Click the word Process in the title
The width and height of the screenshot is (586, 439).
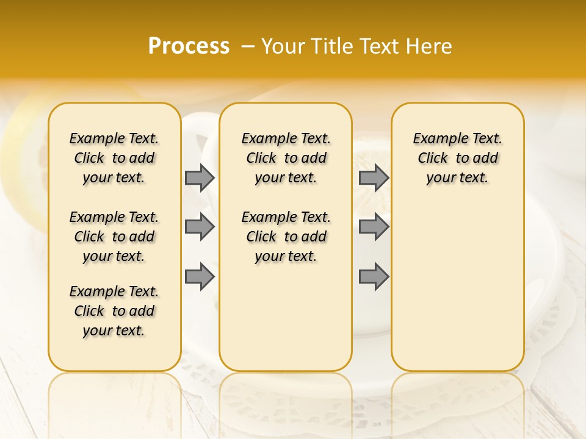(189, 46)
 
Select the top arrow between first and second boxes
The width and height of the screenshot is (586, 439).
(200, 177)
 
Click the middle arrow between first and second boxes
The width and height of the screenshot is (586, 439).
(200, 227)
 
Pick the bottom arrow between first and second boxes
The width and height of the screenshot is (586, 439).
(200, 277)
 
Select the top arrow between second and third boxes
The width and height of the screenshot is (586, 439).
(374, 177)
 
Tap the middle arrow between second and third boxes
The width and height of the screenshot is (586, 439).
(374, 227)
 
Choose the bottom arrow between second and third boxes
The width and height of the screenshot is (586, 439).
(374, 277)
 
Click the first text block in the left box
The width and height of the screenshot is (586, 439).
(114, 158)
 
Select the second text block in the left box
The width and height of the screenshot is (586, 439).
(114, 237)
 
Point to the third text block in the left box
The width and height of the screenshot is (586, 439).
(114, 311)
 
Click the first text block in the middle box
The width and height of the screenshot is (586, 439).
(286, 158)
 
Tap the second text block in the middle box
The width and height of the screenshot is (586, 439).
(286, 237)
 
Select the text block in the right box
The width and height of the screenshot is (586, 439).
(457, 158)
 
